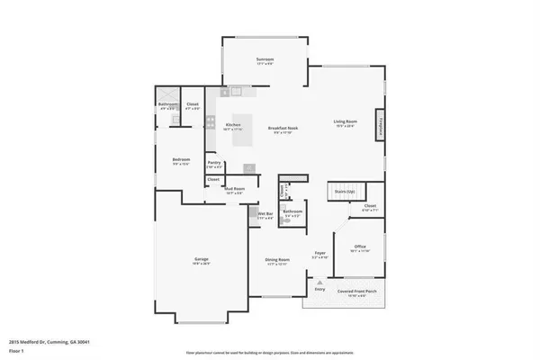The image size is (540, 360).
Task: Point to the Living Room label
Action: click(346, 122)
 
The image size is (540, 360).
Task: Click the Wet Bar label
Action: click(265, 215)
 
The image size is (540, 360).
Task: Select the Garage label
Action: click(202, 260)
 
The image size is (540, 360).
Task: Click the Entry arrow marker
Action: click(319, 282)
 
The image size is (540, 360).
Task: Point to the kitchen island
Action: click(244, 138)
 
